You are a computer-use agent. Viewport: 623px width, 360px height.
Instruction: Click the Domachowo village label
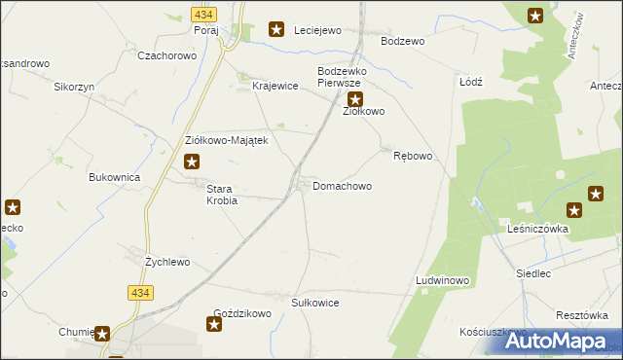click(x=342, y=185)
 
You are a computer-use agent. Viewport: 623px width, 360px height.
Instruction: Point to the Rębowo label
click(x=412, y=156)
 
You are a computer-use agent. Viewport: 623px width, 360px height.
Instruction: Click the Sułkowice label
click(x=315, y=303)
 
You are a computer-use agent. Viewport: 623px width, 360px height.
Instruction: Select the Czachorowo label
click(x=166, y=55)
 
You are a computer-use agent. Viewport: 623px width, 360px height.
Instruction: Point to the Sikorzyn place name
click(x=73, y=86)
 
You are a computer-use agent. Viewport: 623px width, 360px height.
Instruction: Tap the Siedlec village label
click(x=534, y=273)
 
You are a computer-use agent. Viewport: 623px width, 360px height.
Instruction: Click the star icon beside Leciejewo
click(x=276, y=30)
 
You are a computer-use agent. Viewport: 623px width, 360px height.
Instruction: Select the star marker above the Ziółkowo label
click(x=355, y=99)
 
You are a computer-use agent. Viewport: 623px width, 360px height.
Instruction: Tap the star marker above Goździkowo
click(x=215, y=322)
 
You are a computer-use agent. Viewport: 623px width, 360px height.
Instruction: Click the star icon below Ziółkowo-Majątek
click(x=193, y=162)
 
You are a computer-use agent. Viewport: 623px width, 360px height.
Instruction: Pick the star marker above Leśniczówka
click(x=574, y=210)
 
